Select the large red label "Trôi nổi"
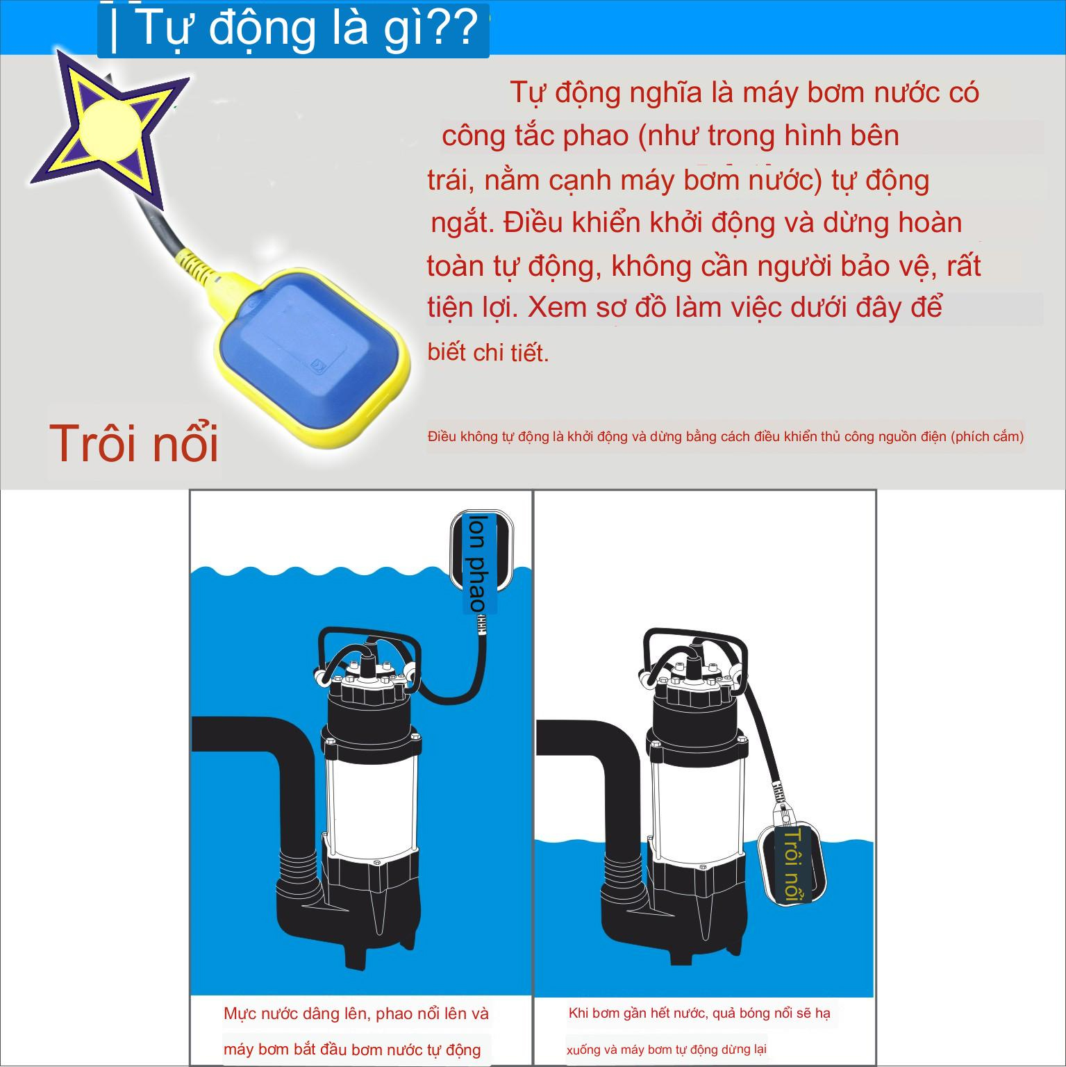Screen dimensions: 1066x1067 [x=134, y=443]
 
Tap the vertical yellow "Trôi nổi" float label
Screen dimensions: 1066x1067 [x=792, y=865]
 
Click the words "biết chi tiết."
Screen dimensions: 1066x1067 [x=488, y=353]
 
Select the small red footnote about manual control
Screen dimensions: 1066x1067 [x=726, y=437]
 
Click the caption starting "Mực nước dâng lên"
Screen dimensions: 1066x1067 [x=356, y=1014]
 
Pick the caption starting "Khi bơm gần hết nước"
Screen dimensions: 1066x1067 [x=699, y=1014]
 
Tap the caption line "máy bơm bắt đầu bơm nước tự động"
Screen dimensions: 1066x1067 [x=352, y=1049]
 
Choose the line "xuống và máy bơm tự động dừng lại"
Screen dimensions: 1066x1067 [x=666, y=1050]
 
